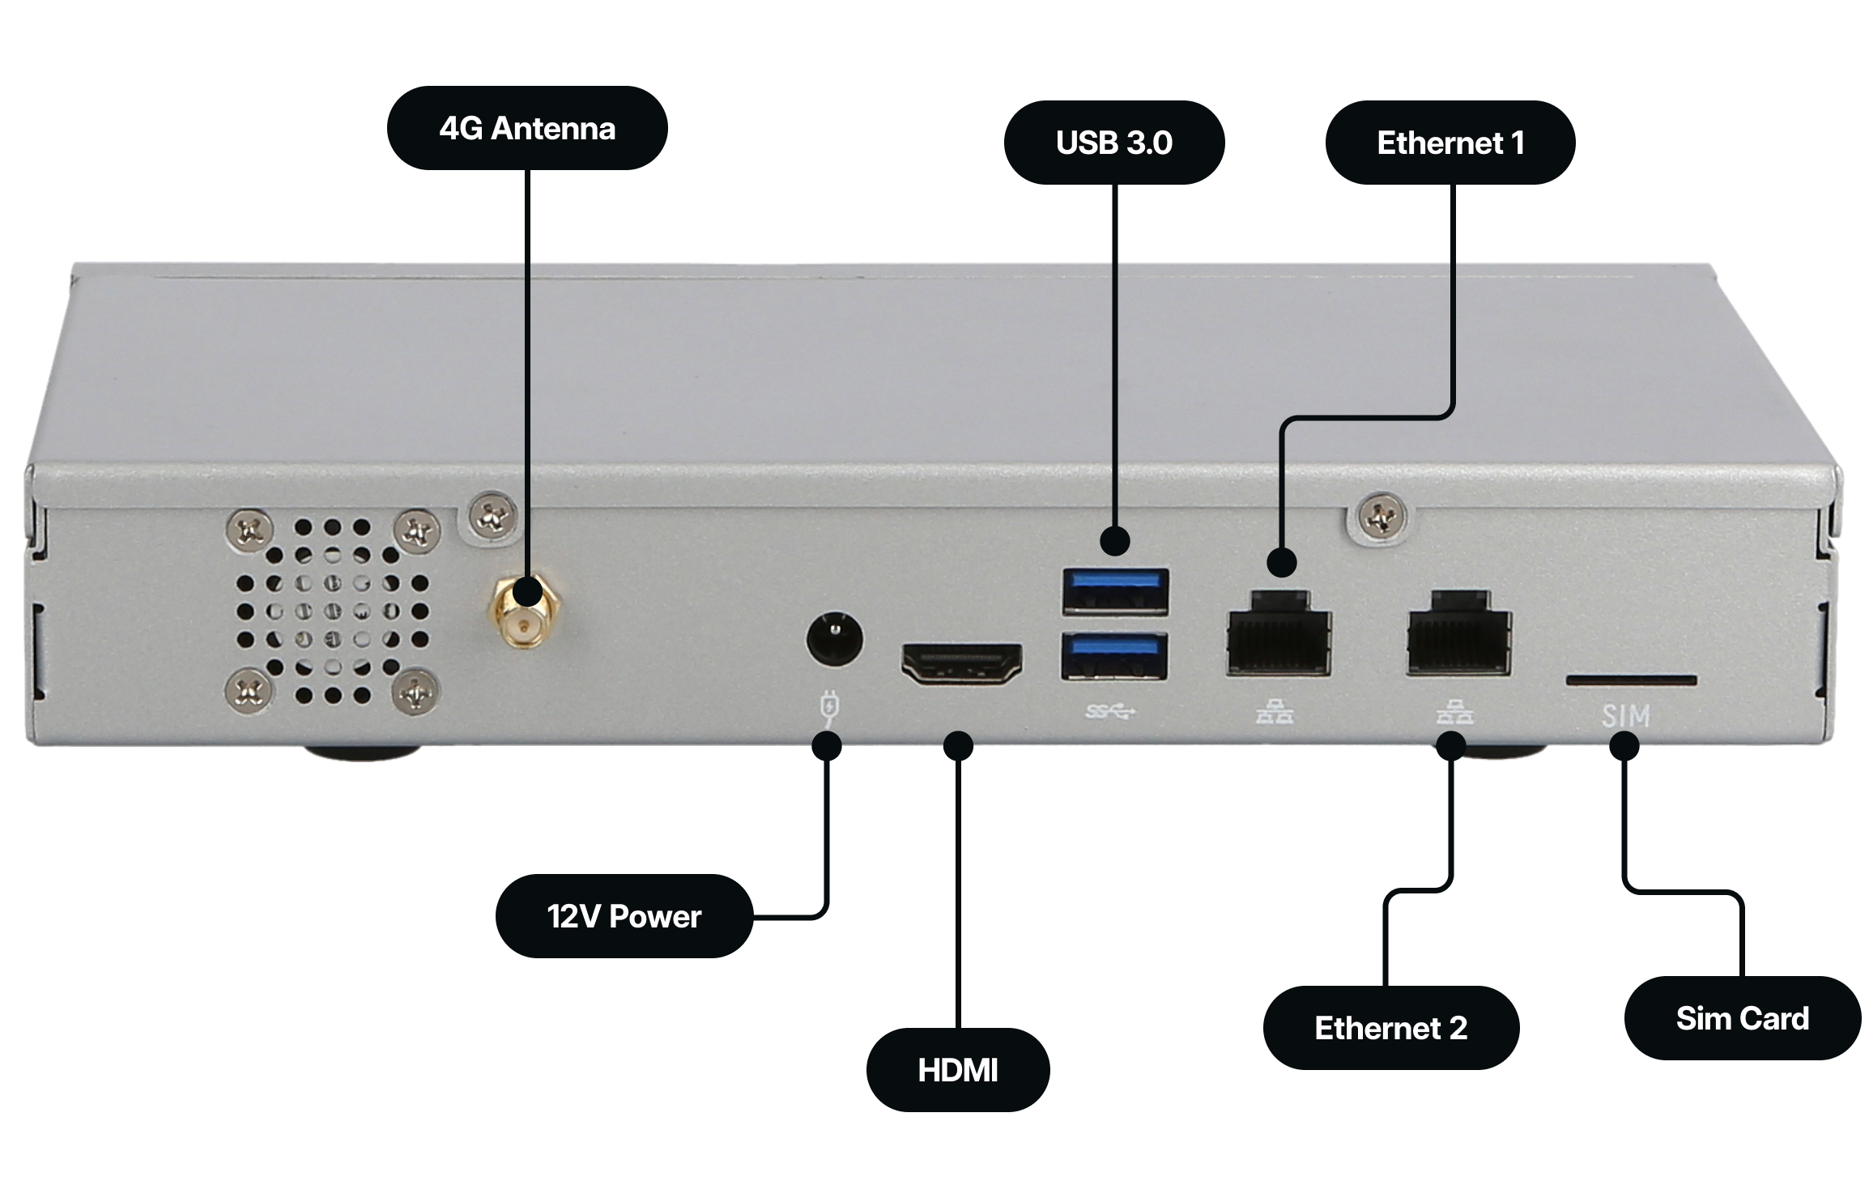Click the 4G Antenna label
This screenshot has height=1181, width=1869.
tap(527, 128)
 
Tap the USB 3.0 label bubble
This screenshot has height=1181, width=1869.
tap(1113, 143)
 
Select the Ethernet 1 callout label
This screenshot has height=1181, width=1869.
tap(1450, 143)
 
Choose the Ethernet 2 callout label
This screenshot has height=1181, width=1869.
tap(1390, 1027)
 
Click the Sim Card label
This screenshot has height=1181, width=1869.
tap(1742, 1017)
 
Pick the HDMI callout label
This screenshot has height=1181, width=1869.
tap(957, 1069)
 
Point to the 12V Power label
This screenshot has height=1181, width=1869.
tap(624, 915)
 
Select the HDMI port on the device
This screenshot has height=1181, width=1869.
tap(961, 664)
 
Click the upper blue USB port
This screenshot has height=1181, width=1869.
tap(1115, 591)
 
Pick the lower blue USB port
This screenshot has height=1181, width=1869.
tap(1115, 656)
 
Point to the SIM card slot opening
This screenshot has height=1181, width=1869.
tap(1631, 680)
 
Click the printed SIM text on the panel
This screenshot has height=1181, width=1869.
tap(1625, 716)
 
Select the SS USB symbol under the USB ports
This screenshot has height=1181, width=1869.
tap(1110, 712)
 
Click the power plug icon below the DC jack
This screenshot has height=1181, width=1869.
tap(830, 707)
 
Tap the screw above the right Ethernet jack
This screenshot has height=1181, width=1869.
tap(1382, 517)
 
